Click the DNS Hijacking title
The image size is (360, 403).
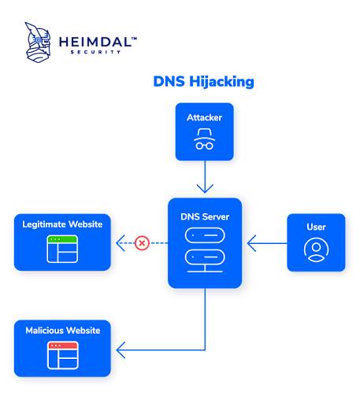203,82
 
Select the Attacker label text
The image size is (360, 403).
204,118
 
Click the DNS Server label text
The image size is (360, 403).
205,216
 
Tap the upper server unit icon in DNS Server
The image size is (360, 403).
205,235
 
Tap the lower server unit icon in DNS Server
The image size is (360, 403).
205,257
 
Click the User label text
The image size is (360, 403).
316,227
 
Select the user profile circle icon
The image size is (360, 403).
316,250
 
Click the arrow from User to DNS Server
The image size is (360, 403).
264,243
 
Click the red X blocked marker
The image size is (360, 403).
142,243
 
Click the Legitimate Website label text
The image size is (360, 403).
62,225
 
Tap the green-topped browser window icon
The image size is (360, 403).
62,249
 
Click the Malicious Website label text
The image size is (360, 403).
62,331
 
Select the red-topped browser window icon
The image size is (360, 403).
62,355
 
